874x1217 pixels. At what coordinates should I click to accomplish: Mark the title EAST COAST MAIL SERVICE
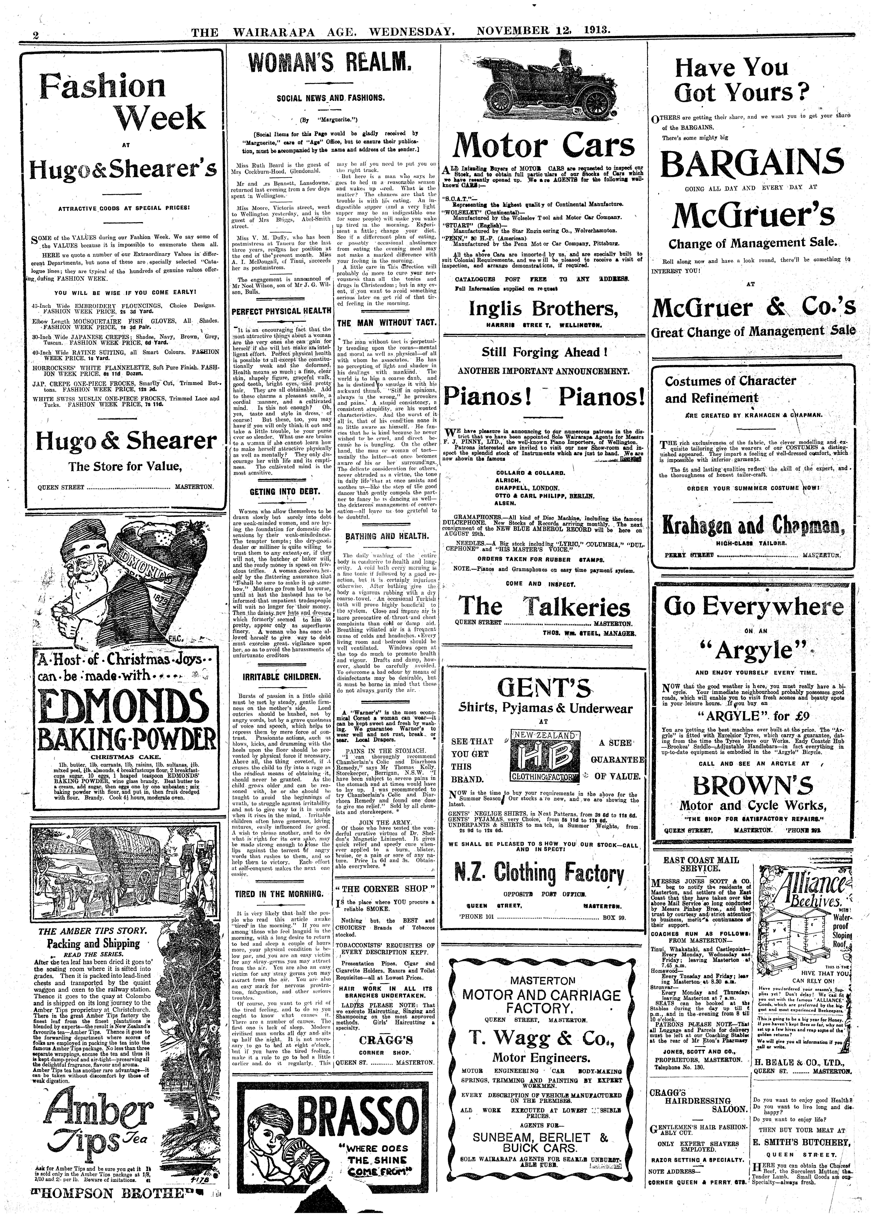[x=701, y=864]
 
